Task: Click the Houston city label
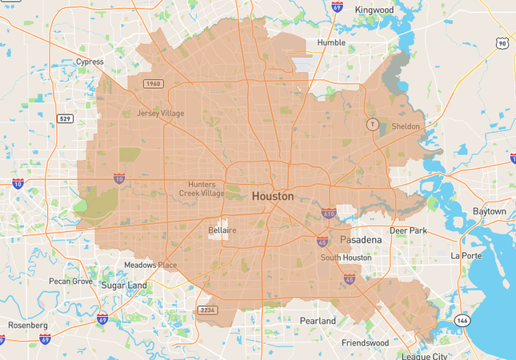272,196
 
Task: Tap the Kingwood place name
375,10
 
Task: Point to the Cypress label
89,62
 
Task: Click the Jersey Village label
160,114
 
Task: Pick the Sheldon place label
405,126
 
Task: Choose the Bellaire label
222,230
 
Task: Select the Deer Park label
409,230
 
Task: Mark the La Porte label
466,256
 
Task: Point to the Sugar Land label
124,285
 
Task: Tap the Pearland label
318,321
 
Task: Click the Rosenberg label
28,326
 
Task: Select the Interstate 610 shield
329,214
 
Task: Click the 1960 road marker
154,84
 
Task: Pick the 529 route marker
66,118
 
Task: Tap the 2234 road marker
207,310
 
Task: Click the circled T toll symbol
371,124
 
